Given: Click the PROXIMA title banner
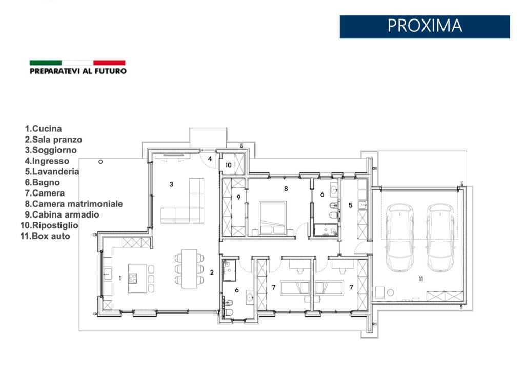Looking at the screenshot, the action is coord(425,27).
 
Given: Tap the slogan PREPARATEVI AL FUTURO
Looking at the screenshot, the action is coord(78,71).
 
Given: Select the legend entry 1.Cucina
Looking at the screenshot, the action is coord(43,129).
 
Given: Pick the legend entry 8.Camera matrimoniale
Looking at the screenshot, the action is coord(74,204).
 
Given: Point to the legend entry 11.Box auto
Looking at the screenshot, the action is coord(45,236).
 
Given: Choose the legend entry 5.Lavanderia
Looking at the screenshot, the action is coord(52,171).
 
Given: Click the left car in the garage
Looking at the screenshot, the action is coord(400,238).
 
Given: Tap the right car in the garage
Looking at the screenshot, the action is coord(439,238).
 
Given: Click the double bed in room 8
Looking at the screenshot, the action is coord(273,218).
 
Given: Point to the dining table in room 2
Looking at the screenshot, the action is coord(189,269).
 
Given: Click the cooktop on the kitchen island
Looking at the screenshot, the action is coord(133,279).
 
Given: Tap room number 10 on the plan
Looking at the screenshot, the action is coord(228,165).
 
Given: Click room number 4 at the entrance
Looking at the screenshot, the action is coord(210,159).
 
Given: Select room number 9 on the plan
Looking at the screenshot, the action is coord(238,198).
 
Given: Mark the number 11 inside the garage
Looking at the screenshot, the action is coord(421,279).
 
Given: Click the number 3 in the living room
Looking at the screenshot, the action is coord(171,184).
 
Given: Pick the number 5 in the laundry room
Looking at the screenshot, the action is coord(350,205).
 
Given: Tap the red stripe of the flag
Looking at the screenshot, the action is coord(109,63).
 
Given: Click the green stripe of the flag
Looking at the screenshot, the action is coord(46,63).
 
